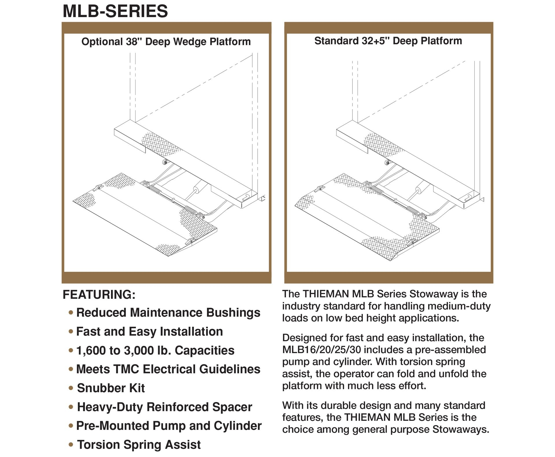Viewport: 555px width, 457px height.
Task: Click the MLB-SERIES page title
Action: [x=115, y=11]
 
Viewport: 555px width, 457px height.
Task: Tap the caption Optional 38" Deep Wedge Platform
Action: [x=166, y=42]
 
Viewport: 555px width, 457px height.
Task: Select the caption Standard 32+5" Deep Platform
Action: [x=388, y=41]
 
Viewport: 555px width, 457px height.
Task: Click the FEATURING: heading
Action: [x=99, y=295]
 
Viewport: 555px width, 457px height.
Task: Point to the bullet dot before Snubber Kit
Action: [x=71, y=388]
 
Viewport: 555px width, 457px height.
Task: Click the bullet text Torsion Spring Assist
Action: [x=139, y=445]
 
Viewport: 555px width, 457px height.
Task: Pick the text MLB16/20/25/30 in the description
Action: [x=321, y=350]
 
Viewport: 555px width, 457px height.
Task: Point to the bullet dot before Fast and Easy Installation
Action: [x=71, y=332]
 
